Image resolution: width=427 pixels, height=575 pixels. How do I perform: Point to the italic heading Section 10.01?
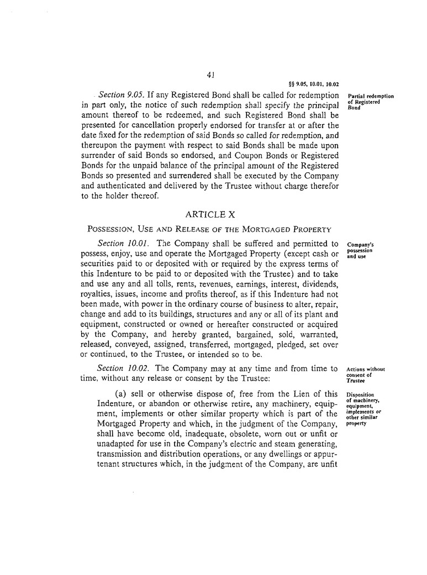(x=117, y=243)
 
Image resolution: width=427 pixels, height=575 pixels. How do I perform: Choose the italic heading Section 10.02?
(x=117, y=368)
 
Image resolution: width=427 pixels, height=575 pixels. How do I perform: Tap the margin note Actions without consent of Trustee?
(x=365, y=374)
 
